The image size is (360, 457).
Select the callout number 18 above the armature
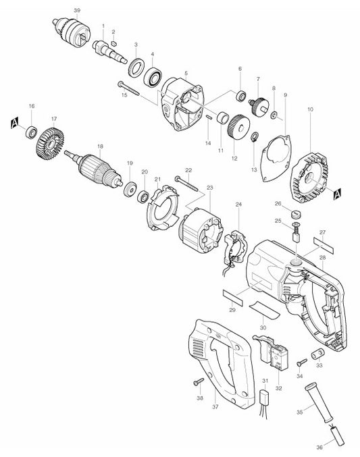100,146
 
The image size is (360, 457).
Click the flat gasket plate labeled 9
275,156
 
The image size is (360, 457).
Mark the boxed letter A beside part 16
14,122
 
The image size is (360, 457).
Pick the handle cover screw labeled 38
199,382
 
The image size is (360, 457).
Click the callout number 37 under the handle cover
215,408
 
